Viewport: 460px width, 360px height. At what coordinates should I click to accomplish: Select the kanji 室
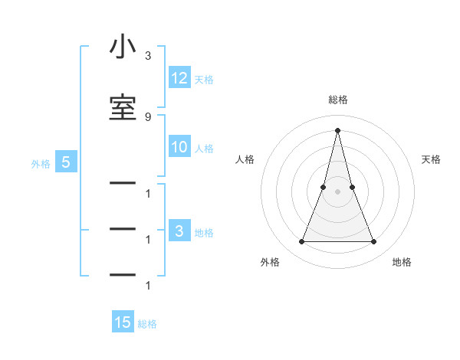click(x=122, y=106)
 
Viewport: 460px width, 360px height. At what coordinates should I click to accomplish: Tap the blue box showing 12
click(x=179, y=78)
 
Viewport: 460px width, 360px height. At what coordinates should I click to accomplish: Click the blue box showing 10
click(x=179, y=147)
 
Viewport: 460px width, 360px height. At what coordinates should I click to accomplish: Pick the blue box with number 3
click(x=179, y=231)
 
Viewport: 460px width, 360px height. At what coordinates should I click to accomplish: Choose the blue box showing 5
click(x=66, y=162)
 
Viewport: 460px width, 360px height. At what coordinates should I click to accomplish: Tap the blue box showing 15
click(x=123, y=322)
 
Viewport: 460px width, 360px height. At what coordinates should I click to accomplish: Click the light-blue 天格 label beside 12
click(x=204, y=80)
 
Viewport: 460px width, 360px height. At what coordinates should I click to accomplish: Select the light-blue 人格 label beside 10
click(x=204, y=149)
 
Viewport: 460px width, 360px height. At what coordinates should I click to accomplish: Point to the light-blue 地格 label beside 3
click(x=204, y=233)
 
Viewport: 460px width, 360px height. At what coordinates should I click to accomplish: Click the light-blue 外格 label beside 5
click(x=41, y=164)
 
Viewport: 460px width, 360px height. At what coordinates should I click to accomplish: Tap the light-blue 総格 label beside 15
click(x=147, y=324)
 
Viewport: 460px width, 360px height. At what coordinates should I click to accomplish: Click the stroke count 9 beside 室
click(x=148, y=116)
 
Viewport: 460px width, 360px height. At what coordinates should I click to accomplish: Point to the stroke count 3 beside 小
click(x=148, y=56)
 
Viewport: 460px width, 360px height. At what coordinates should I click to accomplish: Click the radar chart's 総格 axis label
click(x=337, y=100)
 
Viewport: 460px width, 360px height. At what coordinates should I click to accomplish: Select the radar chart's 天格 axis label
click(x=432, y=159)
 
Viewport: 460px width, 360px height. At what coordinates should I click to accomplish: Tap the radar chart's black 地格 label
click(x=402, y=262)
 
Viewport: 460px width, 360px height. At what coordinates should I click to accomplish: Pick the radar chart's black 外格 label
click(x=270, y=262)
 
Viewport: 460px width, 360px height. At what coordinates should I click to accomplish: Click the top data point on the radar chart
click(x=337, y=129)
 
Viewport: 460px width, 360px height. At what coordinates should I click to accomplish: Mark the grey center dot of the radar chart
click(x=337, y=191)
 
